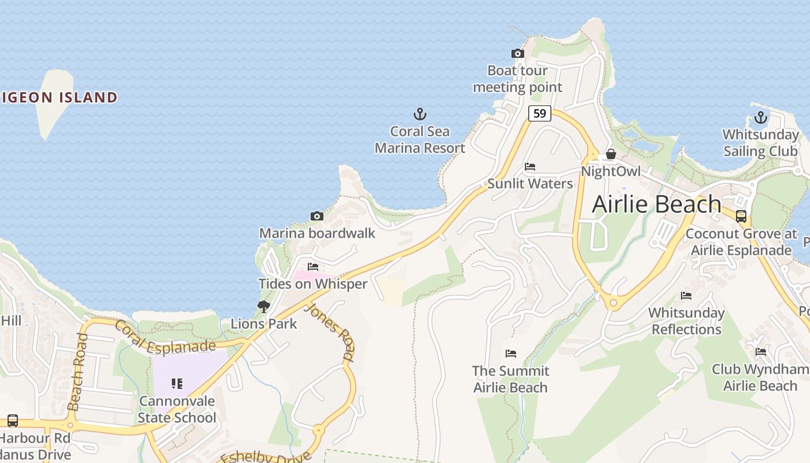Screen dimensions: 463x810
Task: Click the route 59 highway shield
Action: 539,113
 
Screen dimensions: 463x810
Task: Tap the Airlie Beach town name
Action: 657,204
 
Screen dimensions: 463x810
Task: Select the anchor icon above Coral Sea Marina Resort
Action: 419,114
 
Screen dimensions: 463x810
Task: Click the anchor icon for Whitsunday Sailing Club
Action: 760,118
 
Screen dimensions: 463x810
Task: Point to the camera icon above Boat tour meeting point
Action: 518,54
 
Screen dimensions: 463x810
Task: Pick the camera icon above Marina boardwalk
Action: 316,216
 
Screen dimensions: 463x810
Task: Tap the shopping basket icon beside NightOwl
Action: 610,154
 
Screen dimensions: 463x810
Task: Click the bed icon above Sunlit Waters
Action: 529,167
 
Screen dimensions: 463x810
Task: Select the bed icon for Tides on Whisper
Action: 313,267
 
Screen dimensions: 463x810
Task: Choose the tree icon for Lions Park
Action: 264,306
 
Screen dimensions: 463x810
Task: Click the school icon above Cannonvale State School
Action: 177,383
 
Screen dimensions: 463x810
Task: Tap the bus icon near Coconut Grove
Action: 741,216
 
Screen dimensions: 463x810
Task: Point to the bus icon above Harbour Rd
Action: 13,421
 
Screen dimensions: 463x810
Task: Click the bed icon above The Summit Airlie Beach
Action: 510,353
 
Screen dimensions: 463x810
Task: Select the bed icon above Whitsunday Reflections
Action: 686,296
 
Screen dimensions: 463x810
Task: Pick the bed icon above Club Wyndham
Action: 760,352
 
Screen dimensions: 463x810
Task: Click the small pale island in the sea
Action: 54,101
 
